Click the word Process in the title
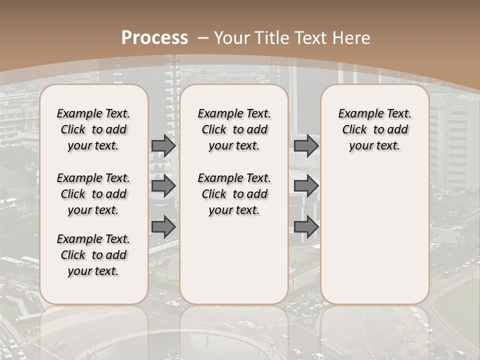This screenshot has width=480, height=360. pyautogui.click(x=155, y=38)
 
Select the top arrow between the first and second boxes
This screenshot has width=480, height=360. pyautogui.click(x=163, y=145)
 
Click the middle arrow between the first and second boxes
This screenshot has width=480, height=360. pyautogui.click(x=163, y=186)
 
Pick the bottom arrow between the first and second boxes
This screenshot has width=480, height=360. pyautogui.click(x=163, y=227)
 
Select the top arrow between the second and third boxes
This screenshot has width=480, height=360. pyautogui.click(x=306, y=145)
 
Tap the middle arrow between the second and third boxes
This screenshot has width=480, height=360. pyautogui.click(x=306, y=186)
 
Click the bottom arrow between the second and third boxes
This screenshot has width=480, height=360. pyautogui.click(x=306, y=227)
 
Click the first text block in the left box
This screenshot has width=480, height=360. pyautogui.click(x=93, y=129)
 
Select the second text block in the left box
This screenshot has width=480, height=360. pyautogui.click(x=93, y=194)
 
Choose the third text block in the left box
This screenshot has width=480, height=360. pyautogui.click(x=93, y=255)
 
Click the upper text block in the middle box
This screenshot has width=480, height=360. pyautogui.click(x=234, y=129)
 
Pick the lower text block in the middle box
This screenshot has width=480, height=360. pyautogui.click(x=234, y=194)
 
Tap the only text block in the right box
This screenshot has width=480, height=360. pyautogui.click(x=375, y=129)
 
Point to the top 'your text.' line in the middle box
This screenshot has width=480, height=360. pyautogui.click(x=234, y=146)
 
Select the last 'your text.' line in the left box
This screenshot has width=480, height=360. pyautogui.click(x=93, y=271)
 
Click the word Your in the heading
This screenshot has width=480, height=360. pyautogui.click(x=231, y=38)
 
